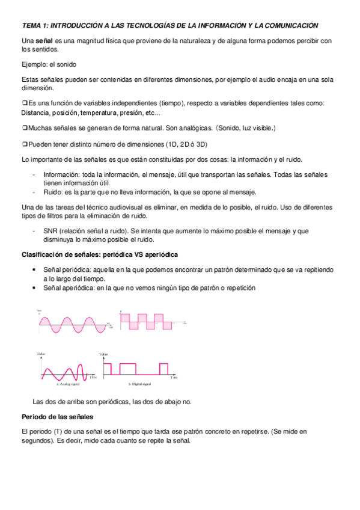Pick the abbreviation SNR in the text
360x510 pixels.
coord(51,230)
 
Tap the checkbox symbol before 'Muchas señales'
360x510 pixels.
coord(24,128)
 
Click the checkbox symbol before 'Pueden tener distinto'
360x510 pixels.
coord(24,144)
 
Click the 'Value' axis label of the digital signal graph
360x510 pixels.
coord(104,355)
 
